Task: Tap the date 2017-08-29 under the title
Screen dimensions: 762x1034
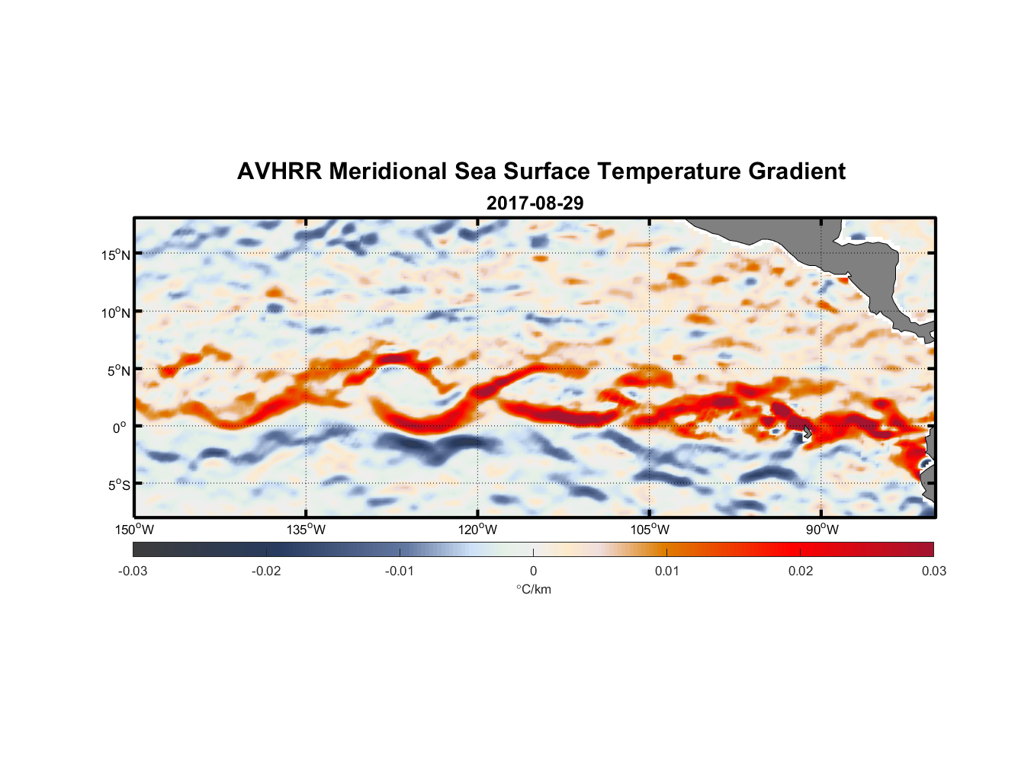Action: pos(535,203)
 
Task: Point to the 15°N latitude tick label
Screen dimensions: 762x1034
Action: pos(116,255)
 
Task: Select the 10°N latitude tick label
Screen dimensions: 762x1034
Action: pos(116,312)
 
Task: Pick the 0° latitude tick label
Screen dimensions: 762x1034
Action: pos(120,427)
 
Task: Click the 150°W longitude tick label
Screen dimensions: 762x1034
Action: pos(134,530)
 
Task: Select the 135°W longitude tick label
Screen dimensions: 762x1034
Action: pos(306,530)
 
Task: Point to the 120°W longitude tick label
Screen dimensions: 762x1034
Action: pos(477,530)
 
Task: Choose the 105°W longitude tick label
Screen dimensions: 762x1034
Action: pos(650,530)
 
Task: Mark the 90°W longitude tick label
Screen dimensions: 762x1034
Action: pos(822,530)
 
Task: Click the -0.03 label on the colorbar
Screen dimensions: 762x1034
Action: pos(133,571)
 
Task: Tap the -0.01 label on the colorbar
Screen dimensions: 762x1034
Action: pos(400,571)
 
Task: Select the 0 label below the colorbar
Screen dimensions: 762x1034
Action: pos(533,571)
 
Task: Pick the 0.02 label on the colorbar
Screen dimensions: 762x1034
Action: pos(801,571)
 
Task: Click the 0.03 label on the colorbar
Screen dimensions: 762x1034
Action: pos(933,571)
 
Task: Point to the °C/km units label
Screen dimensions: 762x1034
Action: pos(533,589)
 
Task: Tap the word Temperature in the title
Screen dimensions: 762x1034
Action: pos(672,171)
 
